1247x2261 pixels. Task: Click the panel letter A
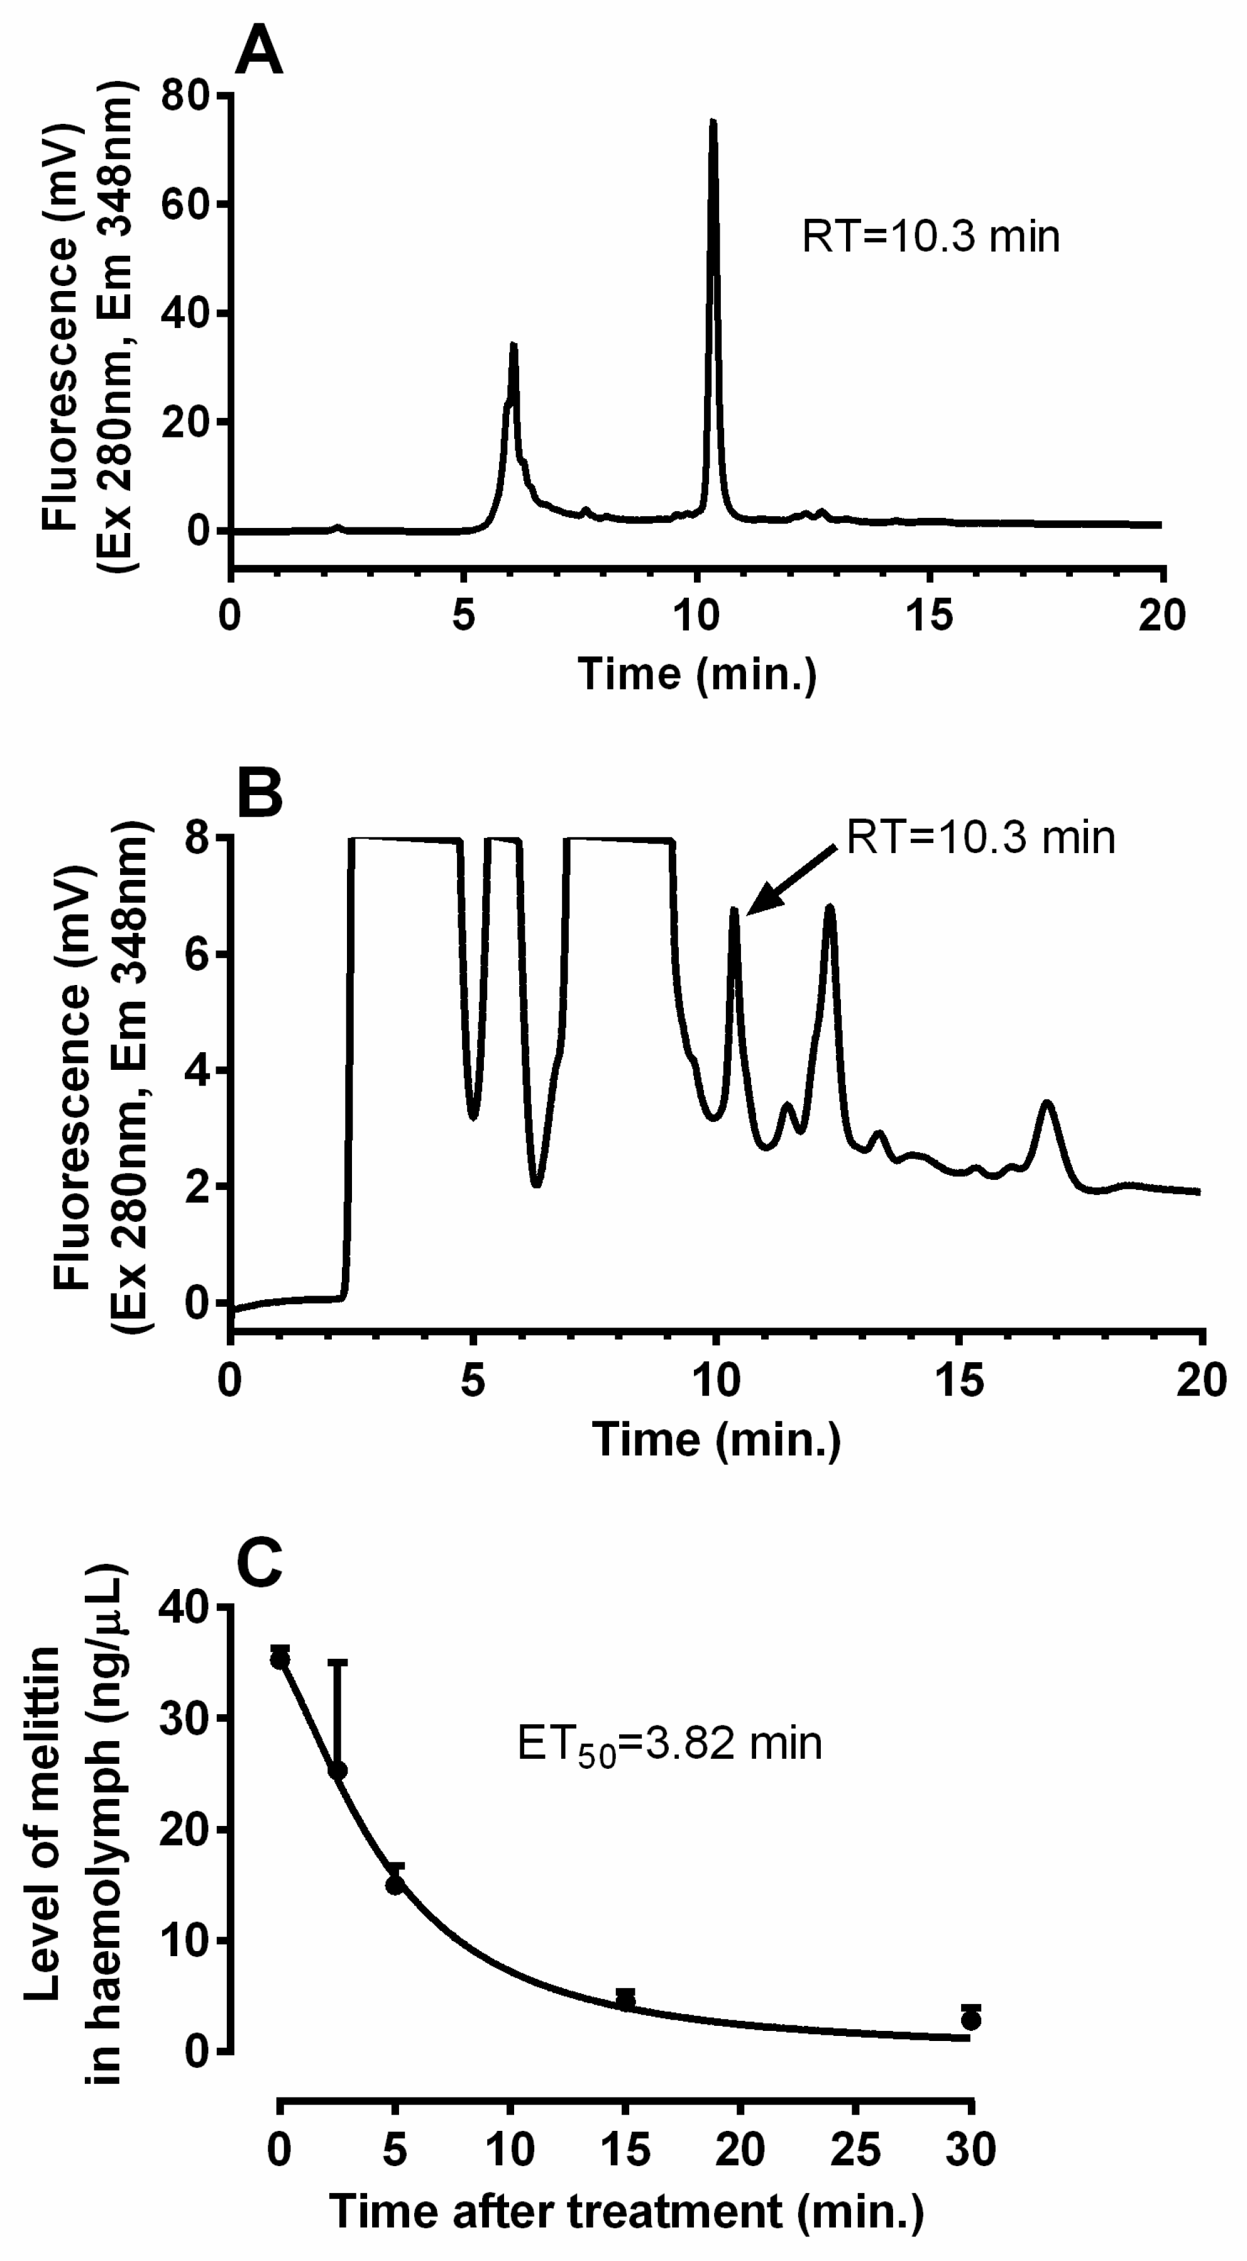tap(259, 50)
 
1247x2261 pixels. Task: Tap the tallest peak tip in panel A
tap(713, 123)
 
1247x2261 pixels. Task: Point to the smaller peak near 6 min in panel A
tap(514, 348)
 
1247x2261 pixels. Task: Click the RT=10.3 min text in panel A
tap(930, 237)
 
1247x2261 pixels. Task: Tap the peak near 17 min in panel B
tap(1046, 1103)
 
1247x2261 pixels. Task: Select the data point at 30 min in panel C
tap(970, 2019)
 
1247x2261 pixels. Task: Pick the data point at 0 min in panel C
tap(280, 1659)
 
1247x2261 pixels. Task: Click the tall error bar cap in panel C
tap(338, 1661)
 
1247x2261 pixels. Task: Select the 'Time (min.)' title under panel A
tap(697, 674)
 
